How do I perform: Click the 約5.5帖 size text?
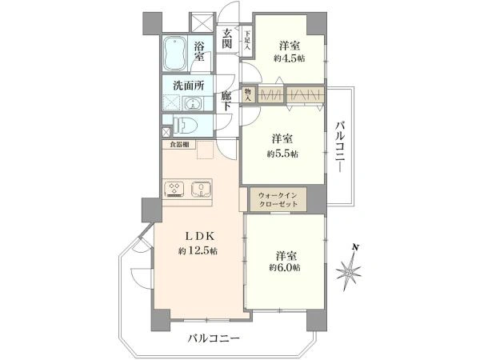(x=283, y=154)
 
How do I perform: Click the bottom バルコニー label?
(x=214, y=338)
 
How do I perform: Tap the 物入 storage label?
(x=249, y=95)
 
